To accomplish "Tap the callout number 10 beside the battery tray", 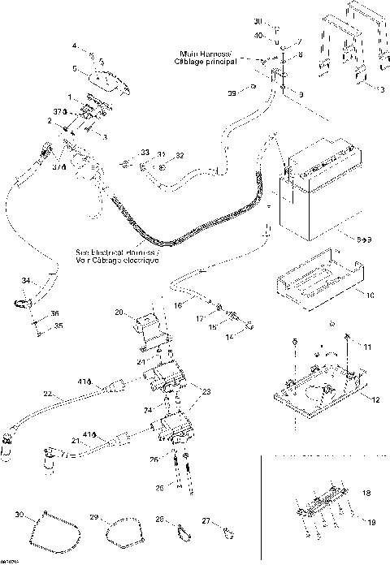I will [370, 294].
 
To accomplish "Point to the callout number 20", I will [119, 313].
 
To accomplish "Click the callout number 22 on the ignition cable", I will [49, 394].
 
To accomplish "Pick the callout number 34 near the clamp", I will [26, 281].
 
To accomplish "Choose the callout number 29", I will [93, 517].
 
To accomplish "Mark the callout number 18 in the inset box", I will [366, 493].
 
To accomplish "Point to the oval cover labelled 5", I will [106, 81].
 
